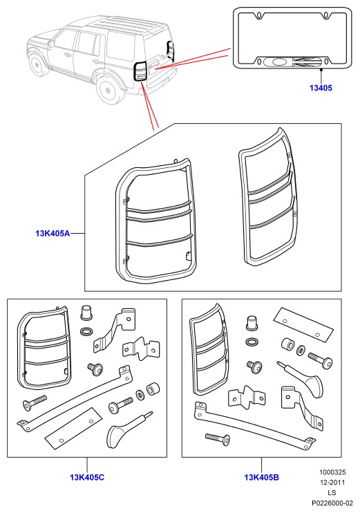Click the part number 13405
click(x=321, y=88)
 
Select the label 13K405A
click(x=53, y=233)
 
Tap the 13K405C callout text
click(x=87, y=477)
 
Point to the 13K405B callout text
click(x=262, y=477)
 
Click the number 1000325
click(x=332, y=472)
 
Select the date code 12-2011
click(x=332, y=483)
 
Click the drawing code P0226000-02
click(x=332, y=503)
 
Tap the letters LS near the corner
click(x=332, y=493)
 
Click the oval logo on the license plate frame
click(x=278, y=62)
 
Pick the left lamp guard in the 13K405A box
click(x=155, y=221)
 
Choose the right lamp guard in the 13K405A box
click(x=268, y=197)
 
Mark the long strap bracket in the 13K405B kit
click(x=255, y=425)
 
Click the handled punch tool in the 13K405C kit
click(x=128, y=429)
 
